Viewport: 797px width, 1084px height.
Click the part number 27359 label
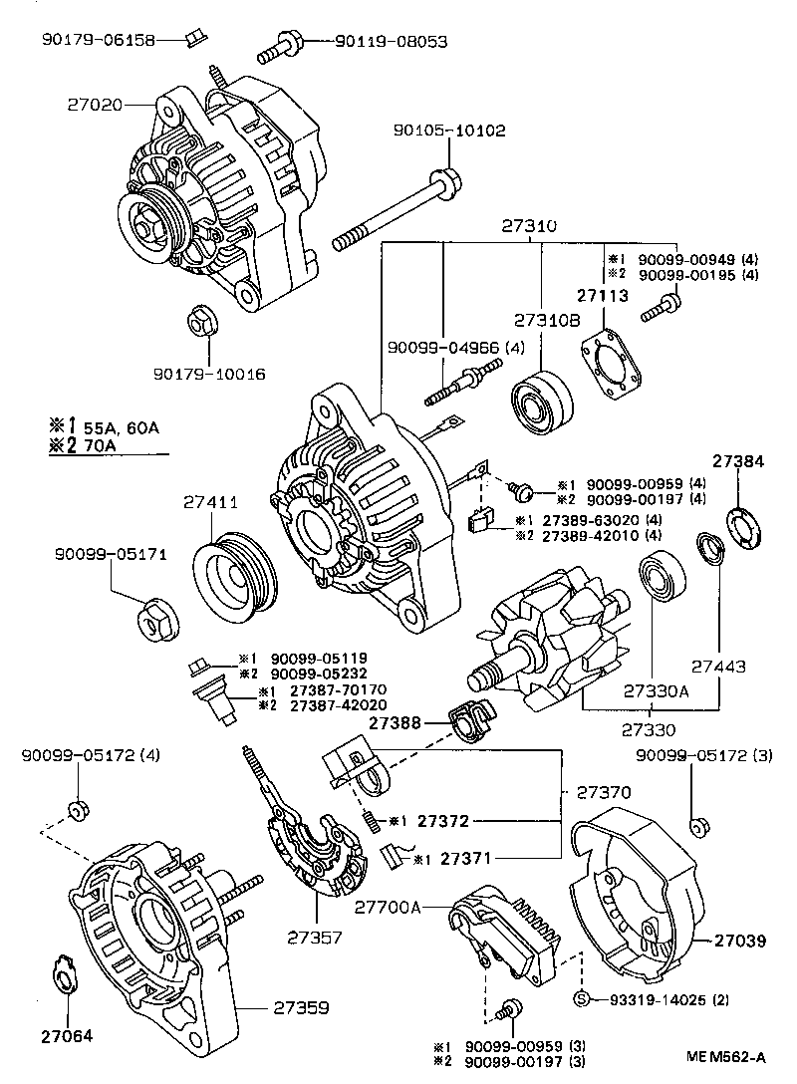[x=300, y=1007]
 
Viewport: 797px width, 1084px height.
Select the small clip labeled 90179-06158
[x=195, y=40]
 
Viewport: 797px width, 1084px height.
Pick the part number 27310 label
[x=528, y=227]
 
